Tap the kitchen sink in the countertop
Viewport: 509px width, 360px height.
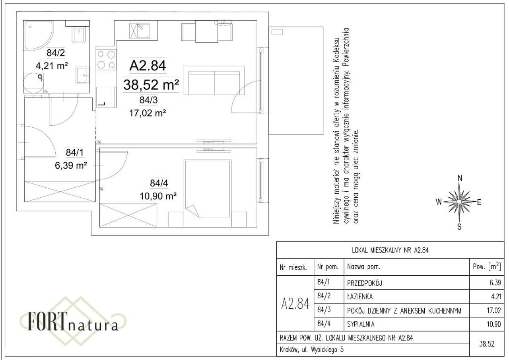coord(138,30)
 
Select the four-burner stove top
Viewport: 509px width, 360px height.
coord(106,60)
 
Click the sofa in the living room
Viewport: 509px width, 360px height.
coord(214,81)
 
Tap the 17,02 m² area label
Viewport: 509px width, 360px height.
coord(147,113)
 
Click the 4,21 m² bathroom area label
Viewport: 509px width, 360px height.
coord(51,66)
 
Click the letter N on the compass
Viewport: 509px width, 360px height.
coord(460,178)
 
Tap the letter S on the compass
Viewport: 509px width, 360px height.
coord(460,227)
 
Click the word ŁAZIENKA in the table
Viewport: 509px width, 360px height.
coord(360,296)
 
